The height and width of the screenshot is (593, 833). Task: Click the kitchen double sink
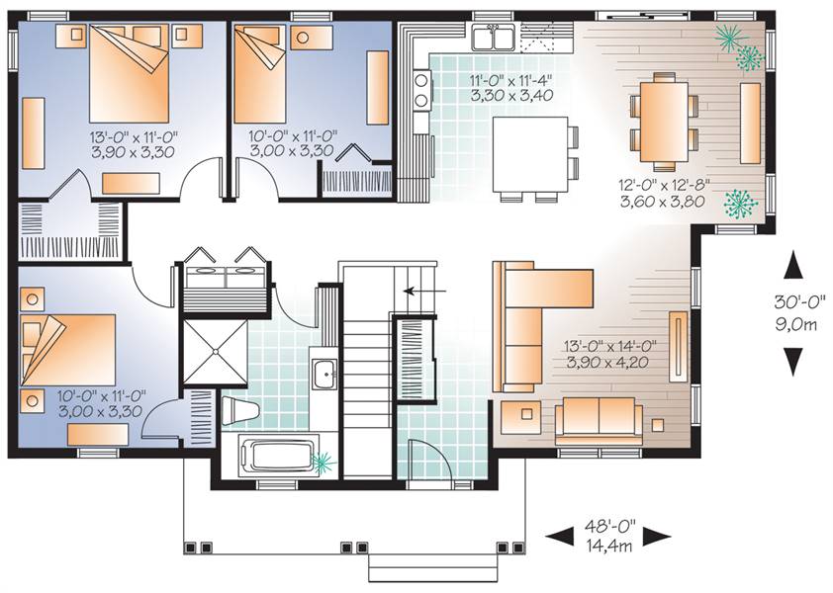pyautogui.click(x=494, y=38)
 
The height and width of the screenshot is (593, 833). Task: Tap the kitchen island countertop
pyautogui.click(x=529, y=154)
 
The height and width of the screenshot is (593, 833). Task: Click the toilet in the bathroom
pyautogui.click(x=240, y=410)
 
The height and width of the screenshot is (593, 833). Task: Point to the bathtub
pyautogui.click(x=276, y=455)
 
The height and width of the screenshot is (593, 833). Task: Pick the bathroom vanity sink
pyautogui.click(x=324, y=374)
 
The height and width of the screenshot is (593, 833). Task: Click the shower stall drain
pyautogui.click(x=215, y=351)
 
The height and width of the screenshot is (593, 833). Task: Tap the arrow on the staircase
pyautogui.click(x=424, y=291)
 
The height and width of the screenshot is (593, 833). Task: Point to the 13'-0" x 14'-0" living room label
pyautogui.click(x=609, y=346)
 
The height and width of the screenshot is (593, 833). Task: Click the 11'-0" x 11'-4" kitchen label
pyautogui.click(x=511, y=81)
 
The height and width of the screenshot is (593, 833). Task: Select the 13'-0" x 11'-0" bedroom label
pyautogui.click(x=134, y=137)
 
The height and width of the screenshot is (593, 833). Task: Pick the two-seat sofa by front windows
pyautogui.click(x=599, y=419)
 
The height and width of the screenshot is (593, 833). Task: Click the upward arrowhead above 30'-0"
pyautogui.click(x=793, y=265)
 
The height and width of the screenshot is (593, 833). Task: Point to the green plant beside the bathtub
pyautogui.click(x=324, y=463)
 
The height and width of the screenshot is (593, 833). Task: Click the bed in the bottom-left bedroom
pyautogui.click(x=68, y=350)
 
